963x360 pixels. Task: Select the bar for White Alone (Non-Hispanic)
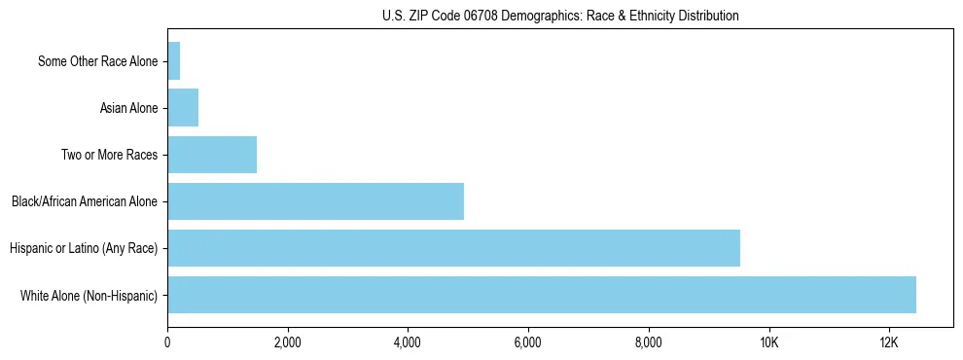pyautogui.click(x=542, y=295)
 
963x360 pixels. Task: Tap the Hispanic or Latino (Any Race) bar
pyautogui.click(x=453, y=248)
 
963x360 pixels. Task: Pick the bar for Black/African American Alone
pyautogui.click(x=315, y=201)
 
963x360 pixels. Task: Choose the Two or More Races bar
pyautogui.click(x=212, y=155)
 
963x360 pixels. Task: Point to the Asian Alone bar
pyautogui.click(x=183, y=108)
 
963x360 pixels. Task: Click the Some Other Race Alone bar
pyautogui.click(x=174, y=61)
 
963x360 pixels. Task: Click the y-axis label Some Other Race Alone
pyautogui.click(x=97, y=61)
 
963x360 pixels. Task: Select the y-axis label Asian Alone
pyautogui.click(x=128, y=108)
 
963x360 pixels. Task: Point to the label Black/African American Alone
pyautogui.click(x=85, y=201)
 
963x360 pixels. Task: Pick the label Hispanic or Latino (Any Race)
pyautogui.click(x=84, y=248)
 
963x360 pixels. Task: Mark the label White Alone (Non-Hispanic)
pyautogui.click(x=89, y=295)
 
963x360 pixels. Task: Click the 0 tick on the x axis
pyautogui.click(x=167, y=342)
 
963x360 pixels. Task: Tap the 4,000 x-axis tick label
pyautogui.click(x=408, y=342)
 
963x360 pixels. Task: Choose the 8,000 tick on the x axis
pyautogui.click(x=648, y=342)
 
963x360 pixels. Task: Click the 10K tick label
pyautogui.click(x=768, y=342)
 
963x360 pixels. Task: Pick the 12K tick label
pyautogui.click(x=888, y=342)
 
